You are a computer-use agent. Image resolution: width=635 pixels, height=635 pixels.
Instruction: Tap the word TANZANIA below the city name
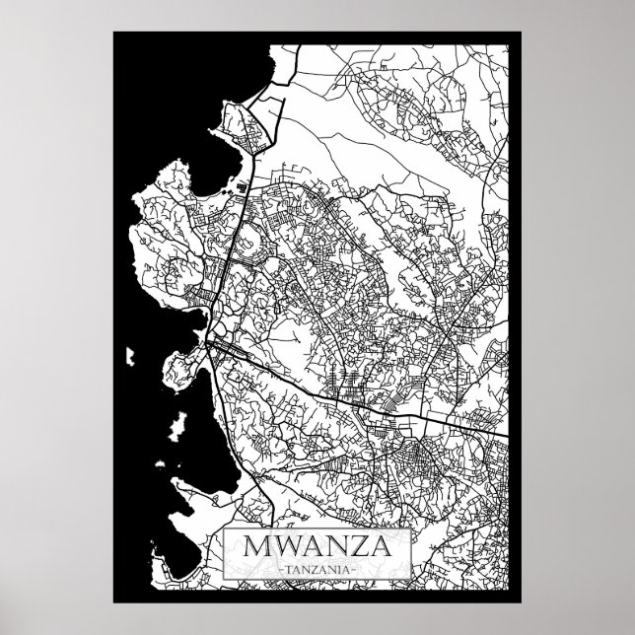point(317,570)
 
